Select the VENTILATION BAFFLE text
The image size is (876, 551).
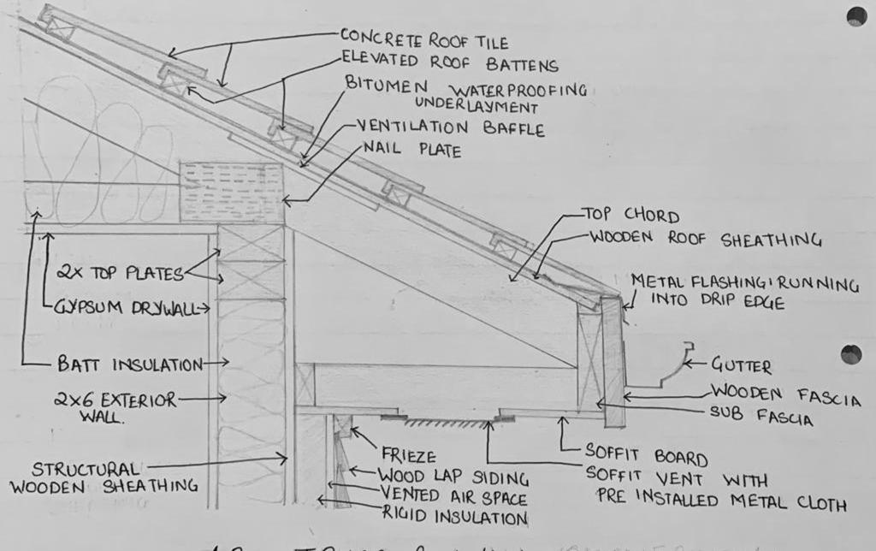(x=451, y=128)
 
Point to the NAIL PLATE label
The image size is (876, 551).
(x=411, y=151)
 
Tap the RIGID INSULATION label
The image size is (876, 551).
(x=456, y=517)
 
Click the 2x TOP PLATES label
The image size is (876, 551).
(x=119, y=274)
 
